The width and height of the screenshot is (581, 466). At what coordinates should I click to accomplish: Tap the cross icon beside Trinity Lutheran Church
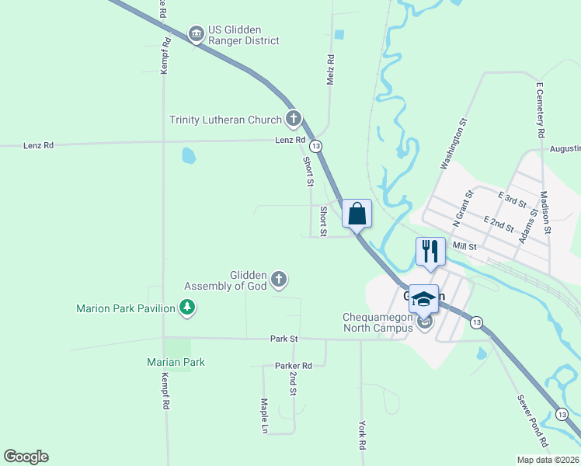pos(293,119)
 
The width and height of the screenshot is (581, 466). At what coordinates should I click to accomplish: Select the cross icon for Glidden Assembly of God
pos(278,278)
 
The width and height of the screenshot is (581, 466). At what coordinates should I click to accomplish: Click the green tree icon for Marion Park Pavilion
pos(186,308)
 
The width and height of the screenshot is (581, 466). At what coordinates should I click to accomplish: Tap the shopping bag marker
pos(357,213)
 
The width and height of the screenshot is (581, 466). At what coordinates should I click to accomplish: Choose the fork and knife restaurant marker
pos(430,251)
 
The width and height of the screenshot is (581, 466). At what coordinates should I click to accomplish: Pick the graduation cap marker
pos(424,299)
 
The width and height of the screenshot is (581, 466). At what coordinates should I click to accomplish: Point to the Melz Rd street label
pos(331,70)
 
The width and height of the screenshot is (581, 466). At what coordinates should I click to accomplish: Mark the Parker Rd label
pos(293,365)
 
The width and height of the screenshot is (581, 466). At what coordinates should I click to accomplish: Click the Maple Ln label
pos(265,416)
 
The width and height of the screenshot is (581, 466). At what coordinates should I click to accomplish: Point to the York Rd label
pos(362,436)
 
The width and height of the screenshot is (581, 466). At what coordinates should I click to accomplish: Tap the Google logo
pos(26,457)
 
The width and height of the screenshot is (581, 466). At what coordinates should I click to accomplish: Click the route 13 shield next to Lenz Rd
pos(315,146)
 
